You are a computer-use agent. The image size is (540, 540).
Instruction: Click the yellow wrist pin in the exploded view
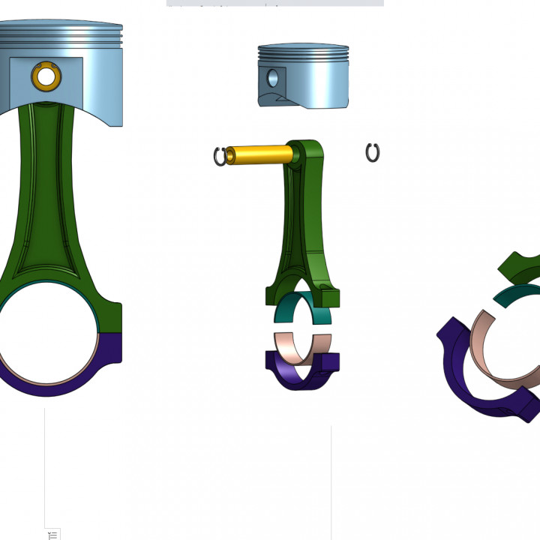pyautogui.click(x=259, y=154)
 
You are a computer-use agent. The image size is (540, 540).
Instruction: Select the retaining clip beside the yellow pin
pyautogui.click(x=220, y=157)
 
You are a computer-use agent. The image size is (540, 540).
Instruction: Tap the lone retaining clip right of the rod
pyautogui.click(x=373, y=153)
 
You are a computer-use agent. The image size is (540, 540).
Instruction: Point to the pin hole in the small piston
pyautogui.click(x=272, y=77)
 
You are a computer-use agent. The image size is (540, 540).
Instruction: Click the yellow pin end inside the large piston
pyautogui.click(x=46, y=76)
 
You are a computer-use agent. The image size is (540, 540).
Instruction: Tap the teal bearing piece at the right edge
pyautogui.click(x=517, y=292)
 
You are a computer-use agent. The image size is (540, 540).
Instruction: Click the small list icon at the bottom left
pyautogui.click(x=53, y=535)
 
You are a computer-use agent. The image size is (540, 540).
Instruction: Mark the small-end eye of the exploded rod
pyautogui.click(x=297, y=154)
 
